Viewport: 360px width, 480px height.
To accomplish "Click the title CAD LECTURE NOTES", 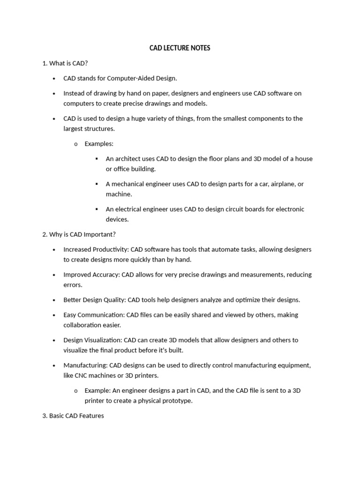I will [180, 48].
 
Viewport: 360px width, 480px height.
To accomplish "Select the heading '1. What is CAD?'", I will [65, 63].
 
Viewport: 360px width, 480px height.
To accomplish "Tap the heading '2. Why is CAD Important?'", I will [79, 234].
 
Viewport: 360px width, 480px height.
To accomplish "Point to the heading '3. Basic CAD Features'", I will [73, 415].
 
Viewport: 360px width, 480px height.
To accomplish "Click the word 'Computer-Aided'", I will [131, 78].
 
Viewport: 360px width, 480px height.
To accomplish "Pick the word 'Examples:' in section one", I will [99, 143].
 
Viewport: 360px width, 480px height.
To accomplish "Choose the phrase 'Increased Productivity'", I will [96, 249].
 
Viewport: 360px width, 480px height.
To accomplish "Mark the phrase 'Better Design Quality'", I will [94, 300].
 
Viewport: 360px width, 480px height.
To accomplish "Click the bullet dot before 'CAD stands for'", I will [54, 79].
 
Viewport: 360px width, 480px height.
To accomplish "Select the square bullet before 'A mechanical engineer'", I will [97, 184].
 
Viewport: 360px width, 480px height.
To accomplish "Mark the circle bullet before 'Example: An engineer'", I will [75, 390].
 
